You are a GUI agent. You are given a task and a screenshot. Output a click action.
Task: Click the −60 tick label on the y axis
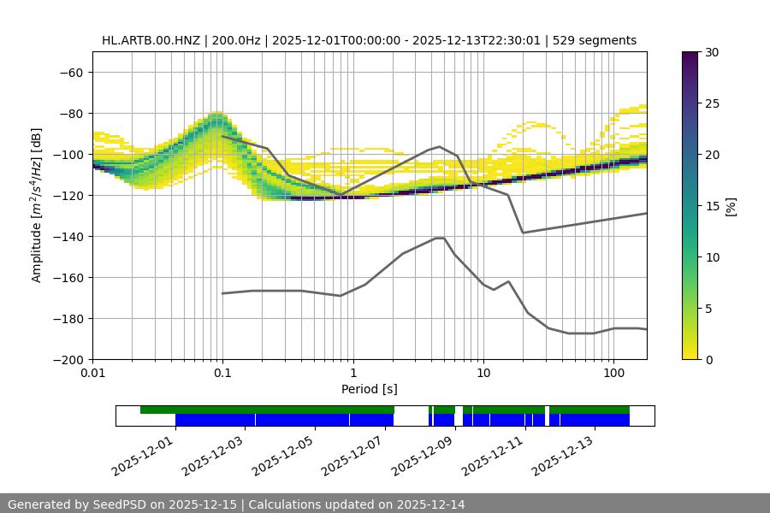(69, 72)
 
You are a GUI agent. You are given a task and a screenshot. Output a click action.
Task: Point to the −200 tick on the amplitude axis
(66, 359)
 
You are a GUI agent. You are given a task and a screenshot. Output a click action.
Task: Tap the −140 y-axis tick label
(66, 236)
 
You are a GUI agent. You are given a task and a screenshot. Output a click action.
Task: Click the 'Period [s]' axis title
(370, 389)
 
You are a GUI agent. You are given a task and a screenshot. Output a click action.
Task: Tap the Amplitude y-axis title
(37, 206)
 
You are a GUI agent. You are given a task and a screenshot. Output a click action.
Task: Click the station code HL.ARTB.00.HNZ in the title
(153, 40)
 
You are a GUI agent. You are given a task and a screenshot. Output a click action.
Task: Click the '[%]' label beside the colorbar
(731, 206)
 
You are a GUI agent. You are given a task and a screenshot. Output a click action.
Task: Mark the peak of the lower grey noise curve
(440, 238)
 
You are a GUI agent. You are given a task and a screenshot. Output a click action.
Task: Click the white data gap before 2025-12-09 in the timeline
(411, 416)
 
